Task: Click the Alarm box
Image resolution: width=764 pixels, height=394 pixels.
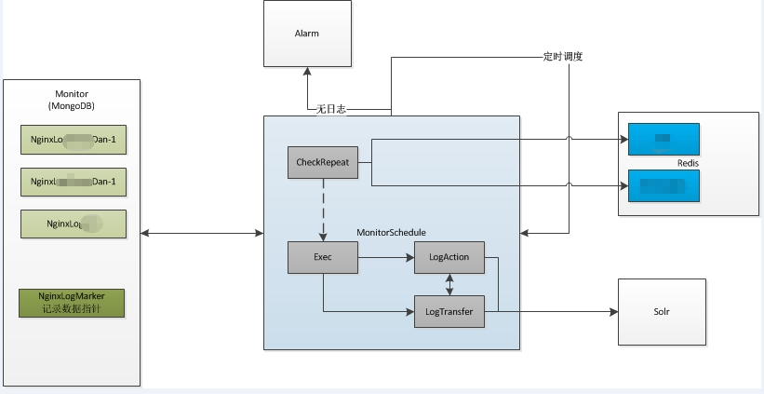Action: (307, 33)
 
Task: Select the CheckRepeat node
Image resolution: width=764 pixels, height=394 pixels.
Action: (322, 162)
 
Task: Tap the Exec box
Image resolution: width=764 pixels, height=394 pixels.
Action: (323, 257)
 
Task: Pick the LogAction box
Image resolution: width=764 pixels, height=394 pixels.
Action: (449, 257)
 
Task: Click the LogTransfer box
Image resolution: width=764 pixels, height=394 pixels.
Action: (449, 311)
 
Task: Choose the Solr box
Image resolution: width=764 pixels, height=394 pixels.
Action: (661, 311)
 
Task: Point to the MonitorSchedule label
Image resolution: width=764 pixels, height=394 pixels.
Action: (393, 231)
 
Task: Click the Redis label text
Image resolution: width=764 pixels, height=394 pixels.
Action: (689, 163)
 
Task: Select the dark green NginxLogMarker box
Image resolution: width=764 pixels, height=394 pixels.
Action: (72, 302)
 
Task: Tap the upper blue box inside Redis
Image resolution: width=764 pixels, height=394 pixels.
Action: (663, 139)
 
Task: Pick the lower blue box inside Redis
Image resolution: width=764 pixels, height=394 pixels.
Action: (663, 186)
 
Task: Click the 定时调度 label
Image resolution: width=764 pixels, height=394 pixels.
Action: (563, 56)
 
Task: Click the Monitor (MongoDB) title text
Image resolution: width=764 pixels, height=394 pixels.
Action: (72, 100)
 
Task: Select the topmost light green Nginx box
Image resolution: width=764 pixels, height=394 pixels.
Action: (73, 140)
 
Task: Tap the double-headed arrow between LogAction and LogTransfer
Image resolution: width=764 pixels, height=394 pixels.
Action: (449, 284)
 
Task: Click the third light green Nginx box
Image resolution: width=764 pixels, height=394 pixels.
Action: (73, 224)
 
